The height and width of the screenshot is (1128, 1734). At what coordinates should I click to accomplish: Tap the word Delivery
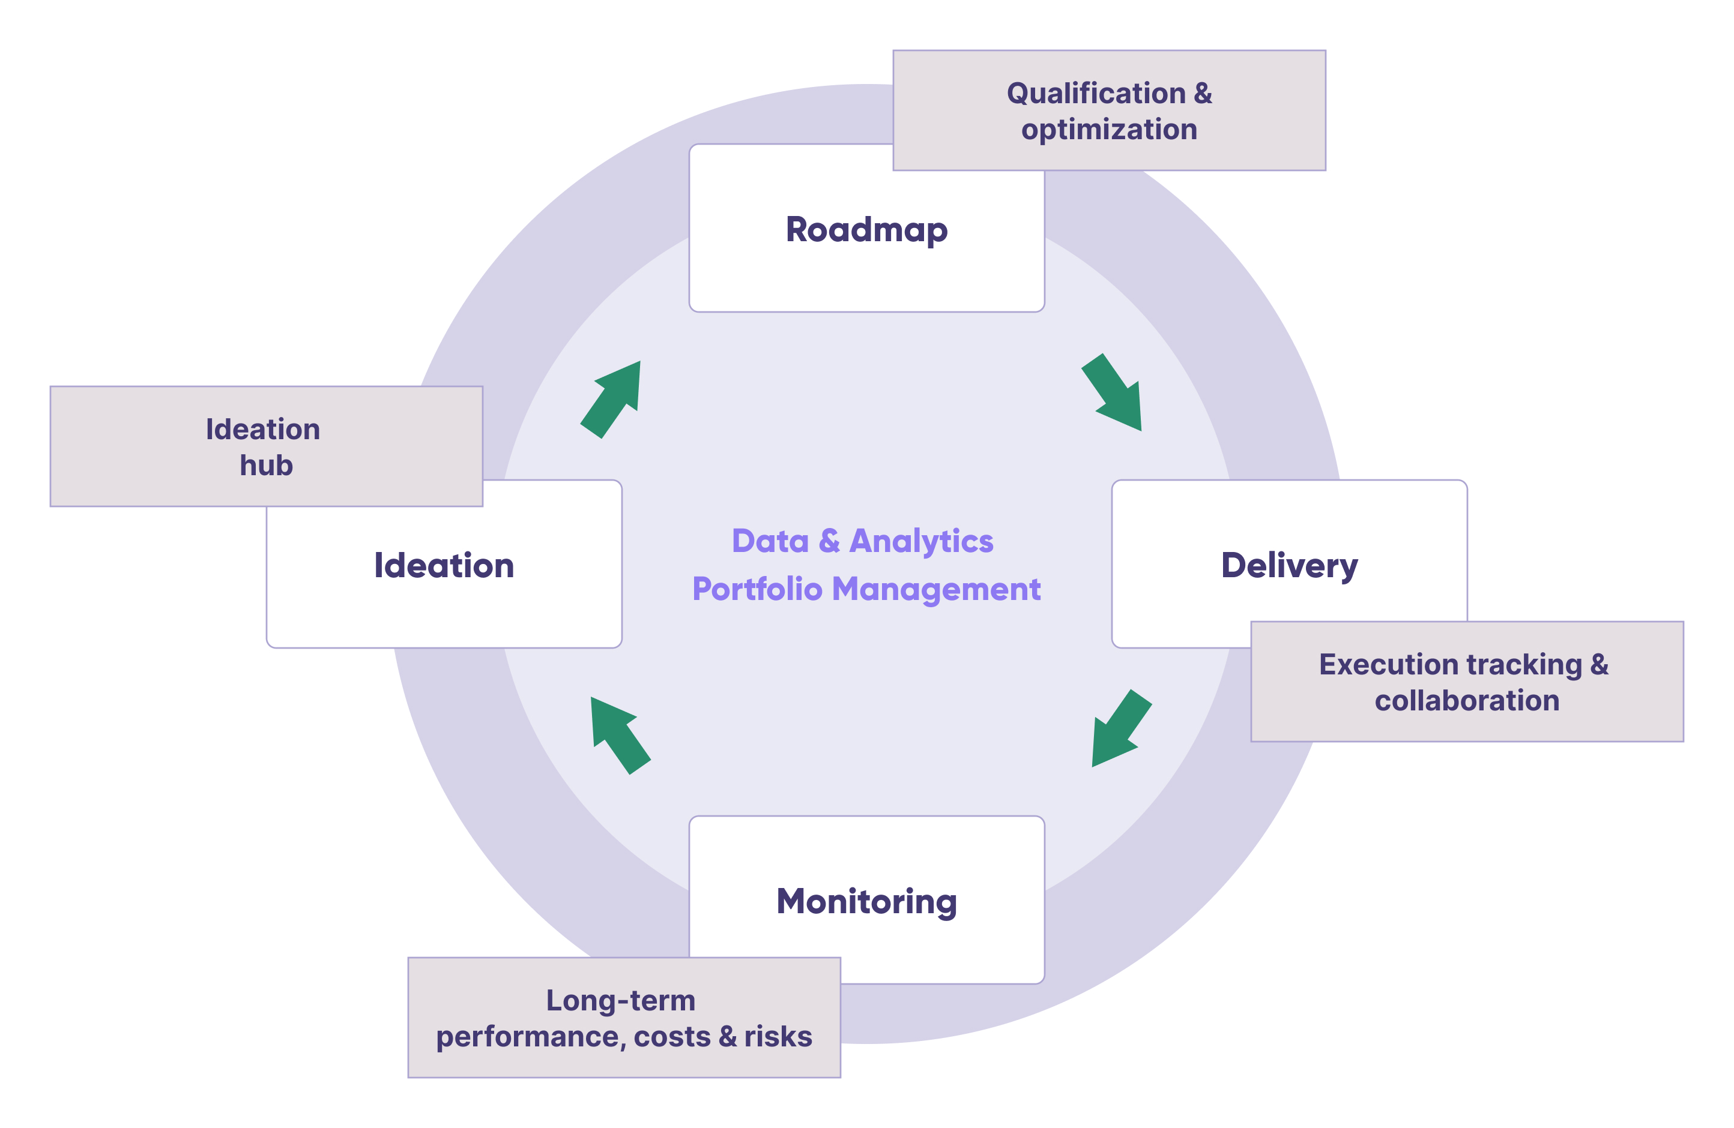pyautogui.click(x=1289, y=566)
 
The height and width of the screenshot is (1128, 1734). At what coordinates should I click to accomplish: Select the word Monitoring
pyautogui.click(x=866, y=902)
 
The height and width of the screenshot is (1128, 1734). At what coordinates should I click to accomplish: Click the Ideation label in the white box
pyautogui.click(x=444, y=566)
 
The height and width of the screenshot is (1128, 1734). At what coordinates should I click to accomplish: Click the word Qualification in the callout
pyautogui.click(x=1096, y=93)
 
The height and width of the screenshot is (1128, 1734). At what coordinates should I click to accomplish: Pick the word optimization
pyautogui.click(x=1109, y=130)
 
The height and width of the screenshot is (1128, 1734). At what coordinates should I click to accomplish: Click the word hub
pyautogui.click(x=266, y=466)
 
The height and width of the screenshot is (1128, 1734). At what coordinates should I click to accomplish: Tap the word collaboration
pyautogui.click(x=1467, y=701)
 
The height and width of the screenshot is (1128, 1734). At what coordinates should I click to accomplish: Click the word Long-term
pyautogui.click(x=621, y=1001)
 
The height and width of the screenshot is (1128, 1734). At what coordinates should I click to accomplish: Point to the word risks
pyautogui.click(x=778, y=1036)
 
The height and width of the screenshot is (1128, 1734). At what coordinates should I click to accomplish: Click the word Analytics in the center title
pyautogui.click(x=921, y=542)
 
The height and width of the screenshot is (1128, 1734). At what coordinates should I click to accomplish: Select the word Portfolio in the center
pyautogui.click(x=757, y=589)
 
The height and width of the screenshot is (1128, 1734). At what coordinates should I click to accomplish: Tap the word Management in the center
pyautogui.click(x=936, y=589)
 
